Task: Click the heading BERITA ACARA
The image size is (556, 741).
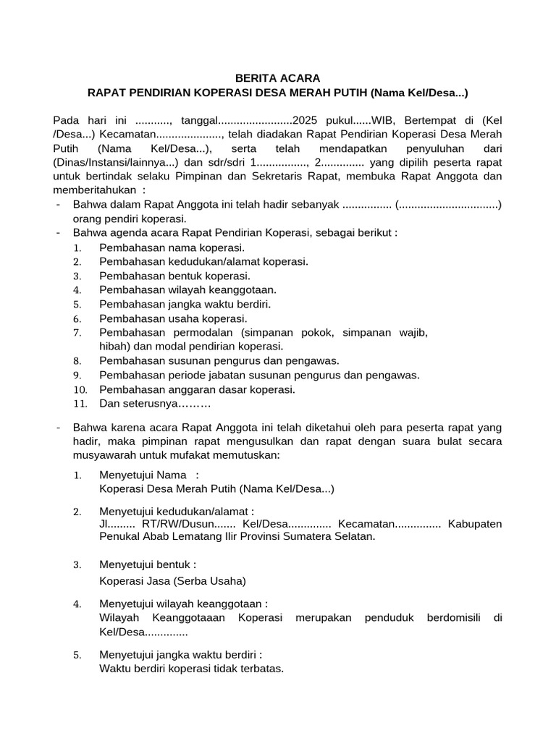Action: click(278, 78)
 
